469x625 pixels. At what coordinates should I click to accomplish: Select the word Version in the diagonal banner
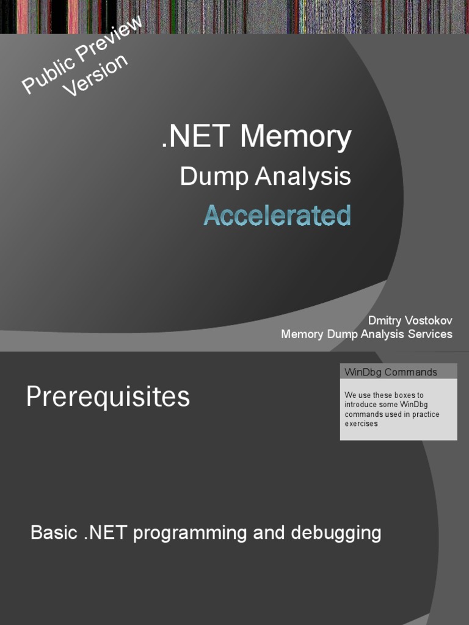tap(96, 75)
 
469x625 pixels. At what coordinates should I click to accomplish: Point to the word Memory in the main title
tap(296, 137)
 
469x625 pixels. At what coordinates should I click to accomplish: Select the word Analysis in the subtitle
tap(303, 177)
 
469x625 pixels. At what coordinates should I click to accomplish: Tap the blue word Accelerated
tap(277, 215)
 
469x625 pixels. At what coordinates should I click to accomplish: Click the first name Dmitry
tap(385, 321)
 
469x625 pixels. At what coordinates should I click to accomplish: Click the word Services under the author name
tap(431, 334)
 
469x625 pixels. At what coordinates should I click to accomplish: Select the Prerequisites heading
tap(108, 397)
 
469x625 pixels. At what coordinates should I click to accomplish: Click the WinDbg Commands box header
tap(391, 372)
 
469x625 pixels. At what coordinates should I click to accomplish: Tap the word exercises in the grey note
tap(361, 424)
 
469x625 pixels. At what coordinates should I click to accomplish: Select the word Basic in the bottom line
tap(53, 533)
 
